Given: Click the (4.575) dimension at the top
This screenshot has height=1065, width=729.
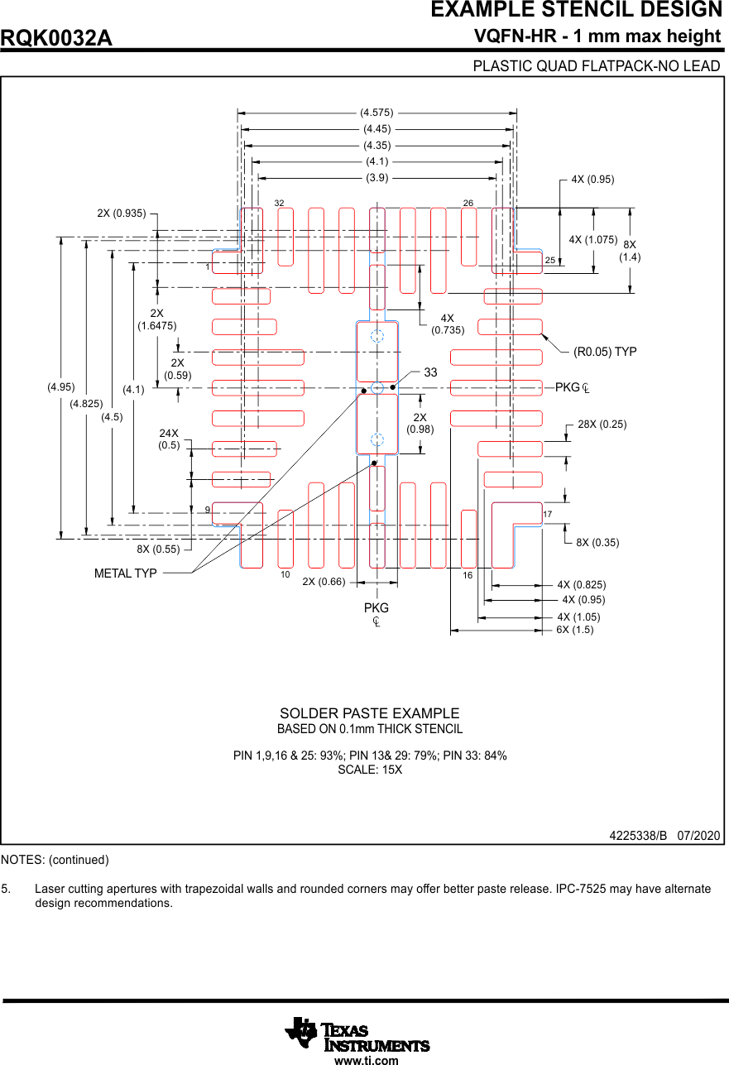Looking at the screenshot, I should point(376,112).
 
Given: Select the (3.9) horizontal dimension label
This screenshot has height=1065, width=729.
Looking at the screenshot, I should point(376,177).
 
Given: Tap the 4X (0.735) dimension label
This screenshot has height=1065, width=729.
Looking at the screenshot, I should point(448,324).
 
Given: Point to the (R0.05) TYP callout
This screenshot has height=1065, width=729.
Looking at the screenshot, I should point(605,352).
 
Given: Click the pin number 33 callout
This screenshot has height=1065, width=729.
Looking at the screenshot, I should point(430,373).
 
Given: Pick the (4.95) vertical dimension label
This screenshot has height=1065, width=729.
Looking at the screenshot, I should point(61,386).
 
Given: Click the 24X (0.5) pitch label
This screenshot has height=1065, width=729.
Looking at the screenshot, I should point(170,439).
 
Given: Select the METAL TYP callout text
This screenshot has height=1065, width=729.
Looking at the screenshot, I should point(126,573).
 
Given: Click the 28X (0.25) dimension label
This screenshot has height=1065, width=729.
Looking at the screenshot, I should point(602,424).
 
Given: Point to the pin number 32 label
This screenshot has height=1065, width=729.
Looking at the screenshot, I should point(280,203).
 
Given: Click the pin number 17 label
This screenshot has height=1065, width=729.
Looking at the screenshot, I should point(548,515).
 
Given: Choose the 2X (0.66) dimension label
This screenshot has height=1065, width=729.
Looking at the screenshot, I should point(324,582).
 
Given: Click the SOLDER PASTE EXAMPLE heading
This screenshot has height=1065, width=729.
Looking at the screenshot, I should point(369,713).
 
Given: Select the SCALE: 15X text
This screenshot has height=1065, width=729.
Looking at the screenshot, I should point(369,770).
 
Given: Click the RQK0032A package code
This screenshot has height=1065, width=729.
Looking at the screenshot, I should point(56,38).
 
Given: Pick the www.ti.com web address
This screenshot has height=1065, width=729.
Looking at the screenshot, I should point(366,1060).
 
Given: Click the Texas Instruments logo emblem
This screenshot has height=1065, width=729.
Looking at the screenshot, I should point(301,1032).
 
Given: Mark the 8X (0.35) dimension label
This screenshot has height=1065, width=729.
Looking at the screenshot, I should point(597,543).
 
